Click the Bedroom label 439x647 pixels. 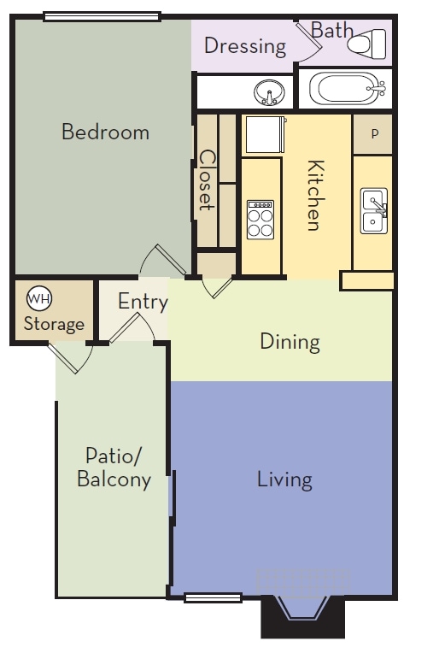tap(105, 132)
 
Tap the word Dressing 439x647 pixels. tap(244, 45)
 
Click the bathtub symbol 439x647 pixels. tap(344, 88)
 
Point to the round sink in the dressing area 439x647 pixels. tap(270, 91)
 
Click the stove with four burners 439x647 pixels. tap(260, 219)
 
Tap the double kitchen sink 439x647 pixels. tap(373, 210)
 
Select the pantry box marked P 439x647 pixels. tap(373, 134)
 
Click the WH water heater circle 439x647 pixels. tap(39, 298)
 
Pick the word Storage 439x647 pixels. tap(54, 324)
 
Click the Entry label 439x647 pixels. tap(143, 302)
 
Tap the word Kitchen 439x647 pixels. tap(313, 196)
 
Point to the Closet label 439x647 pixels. tap(207, 180)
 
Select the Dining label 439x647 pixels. tap(290, 342)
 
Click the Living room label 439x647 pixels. tap(284, 479)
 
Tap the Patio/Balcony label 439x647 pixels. tap(114, 467)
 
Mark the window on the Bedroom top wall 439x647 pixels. tap(102, 15)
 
